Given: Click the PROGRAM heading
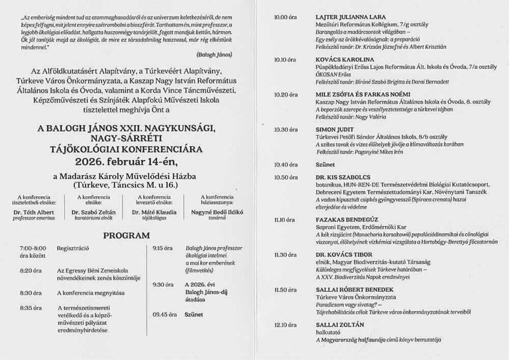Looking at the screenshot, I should (x=126, y=236).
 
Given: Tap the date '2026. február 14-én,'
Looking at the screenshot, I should (x=126, y=162).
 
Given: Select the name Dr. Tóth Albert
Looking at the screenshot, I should (x=34, y=212).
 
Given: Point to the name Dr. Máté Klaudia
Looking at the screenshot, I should (x=154, y=212).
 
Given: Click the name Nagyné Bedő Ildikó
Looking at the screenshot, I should (x=217, y=212).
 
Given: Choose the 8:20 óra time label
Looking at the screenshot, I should (x=31, y=271).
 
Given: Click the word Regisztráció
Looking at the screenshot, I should (x=73, y=248).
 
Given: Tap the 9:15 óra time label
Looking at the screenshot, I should (x=163, y=248).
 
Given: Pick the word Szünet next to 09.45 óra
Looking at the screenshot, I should (x=194, y=314).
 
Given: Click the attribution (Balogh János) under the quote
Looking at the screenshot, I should (x=214, y=54).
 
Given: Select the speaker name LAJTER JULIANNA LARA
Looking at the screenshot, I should (x=351, y=17).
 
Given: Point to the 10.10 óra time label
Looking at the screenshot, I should (x=285, y=60).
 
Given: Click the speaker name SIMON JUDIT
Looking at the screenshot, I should (x=334, y=130).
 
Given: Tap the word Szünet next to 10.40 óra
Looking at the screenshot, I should (x=325, y=165).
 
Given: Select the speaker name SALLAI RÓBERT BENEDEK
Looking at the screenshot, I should (x=354, y=290).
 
